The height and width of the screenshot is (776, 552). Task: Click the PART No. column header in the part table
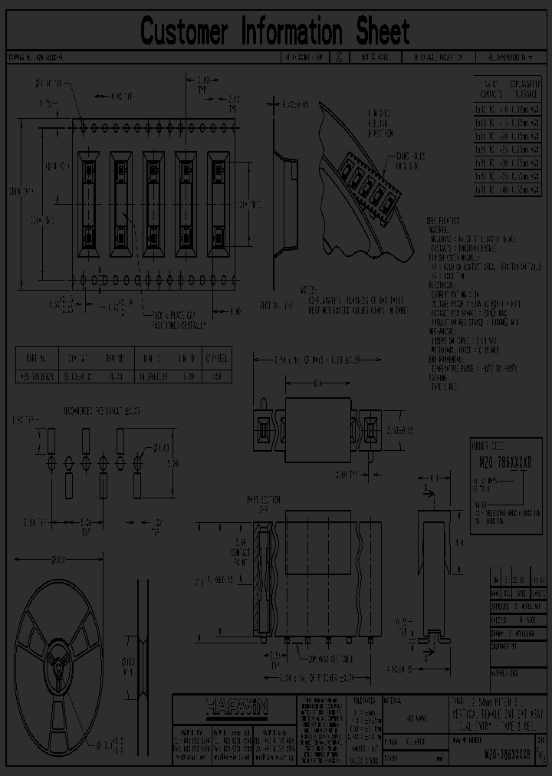pyautogui.click(x=38, y=357)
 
